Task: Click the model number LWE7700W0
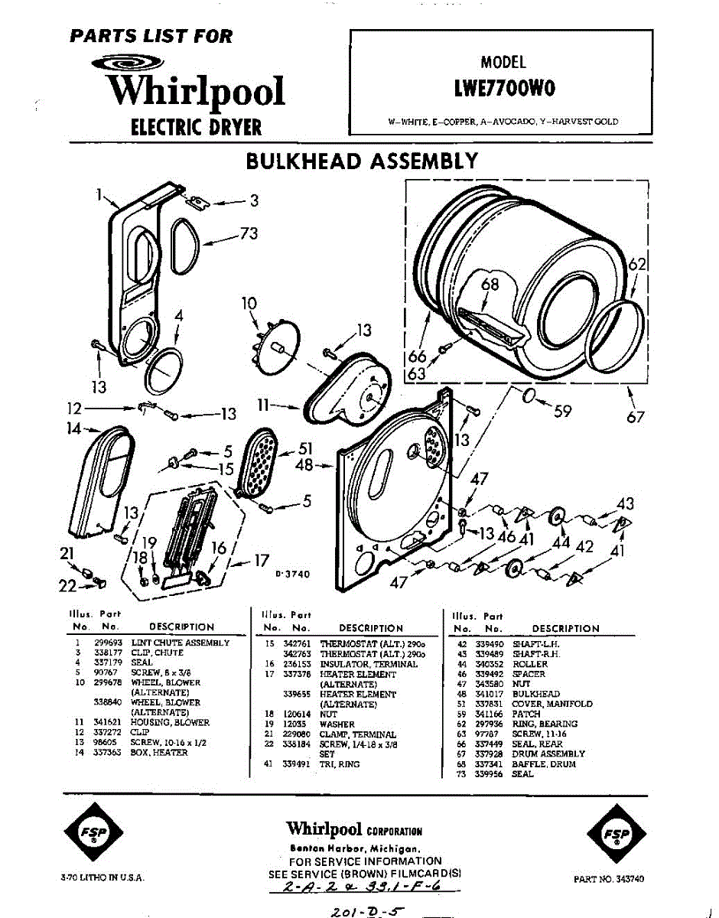tap(504, 89)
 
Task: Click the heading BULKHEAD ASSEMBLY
tap(362, 161)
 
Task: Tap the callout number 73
tap(249, 233)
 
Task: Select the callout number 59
tap(562, 412)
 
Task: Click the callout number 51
tap(307, 448)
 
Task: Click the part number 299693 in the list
tap(105, 643)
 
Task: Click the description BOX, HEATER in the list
tap(159, 753)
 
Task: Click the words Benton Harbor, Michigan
tap(354, 848)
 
